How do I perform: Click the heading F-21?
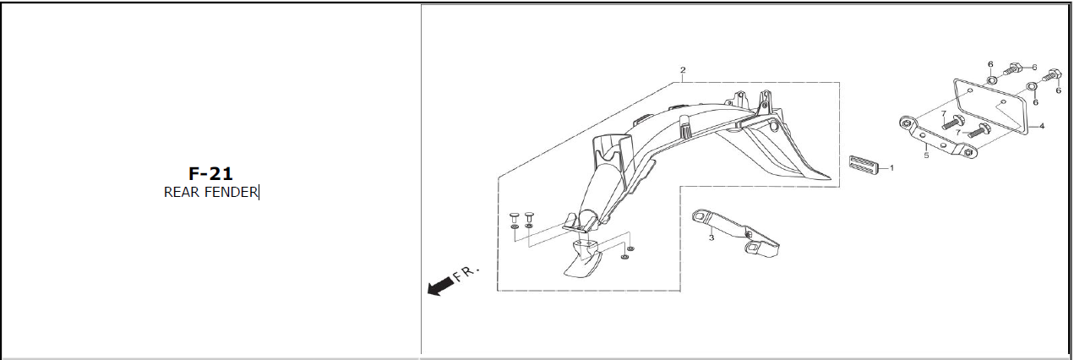click(210, 173)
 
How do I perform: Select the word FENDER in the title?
click(231, 192)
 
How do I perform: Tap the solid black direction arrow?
click(440, 286)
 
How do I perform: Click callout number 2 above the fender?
click(683, 70)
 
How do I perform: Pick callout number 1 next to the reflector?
click(891, 168)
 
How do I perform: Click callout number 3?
click(711, 237)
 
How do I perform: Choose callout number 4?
click(1041, 126)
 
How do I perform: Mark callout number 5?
click(926, 155)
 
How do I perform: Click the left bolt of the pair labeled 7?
click(951, 123)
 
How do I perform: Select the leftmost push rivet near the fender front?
click(515, 217)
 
